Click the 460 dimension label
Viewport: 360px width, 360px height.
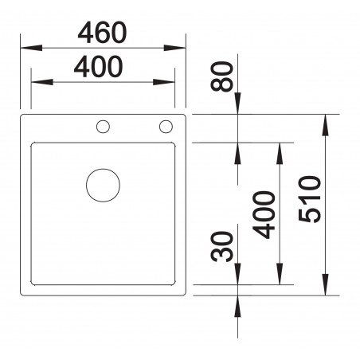(x=101, y=33)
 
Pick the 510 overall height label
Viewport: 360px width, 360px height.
(x=310, y=199)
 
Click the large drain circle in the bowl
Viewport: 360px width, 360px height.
(x=103, y=185)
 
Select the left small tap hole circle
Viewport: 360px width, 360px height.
(x=103, y=126)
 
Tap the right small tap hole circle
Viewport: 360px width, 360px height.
(x=166, y=126)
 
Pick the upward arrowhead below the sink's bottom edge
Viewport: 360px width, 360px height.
(x=237, y=302)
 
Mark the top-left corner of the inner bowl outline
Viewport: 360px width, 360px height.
(x=32, y=144)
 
